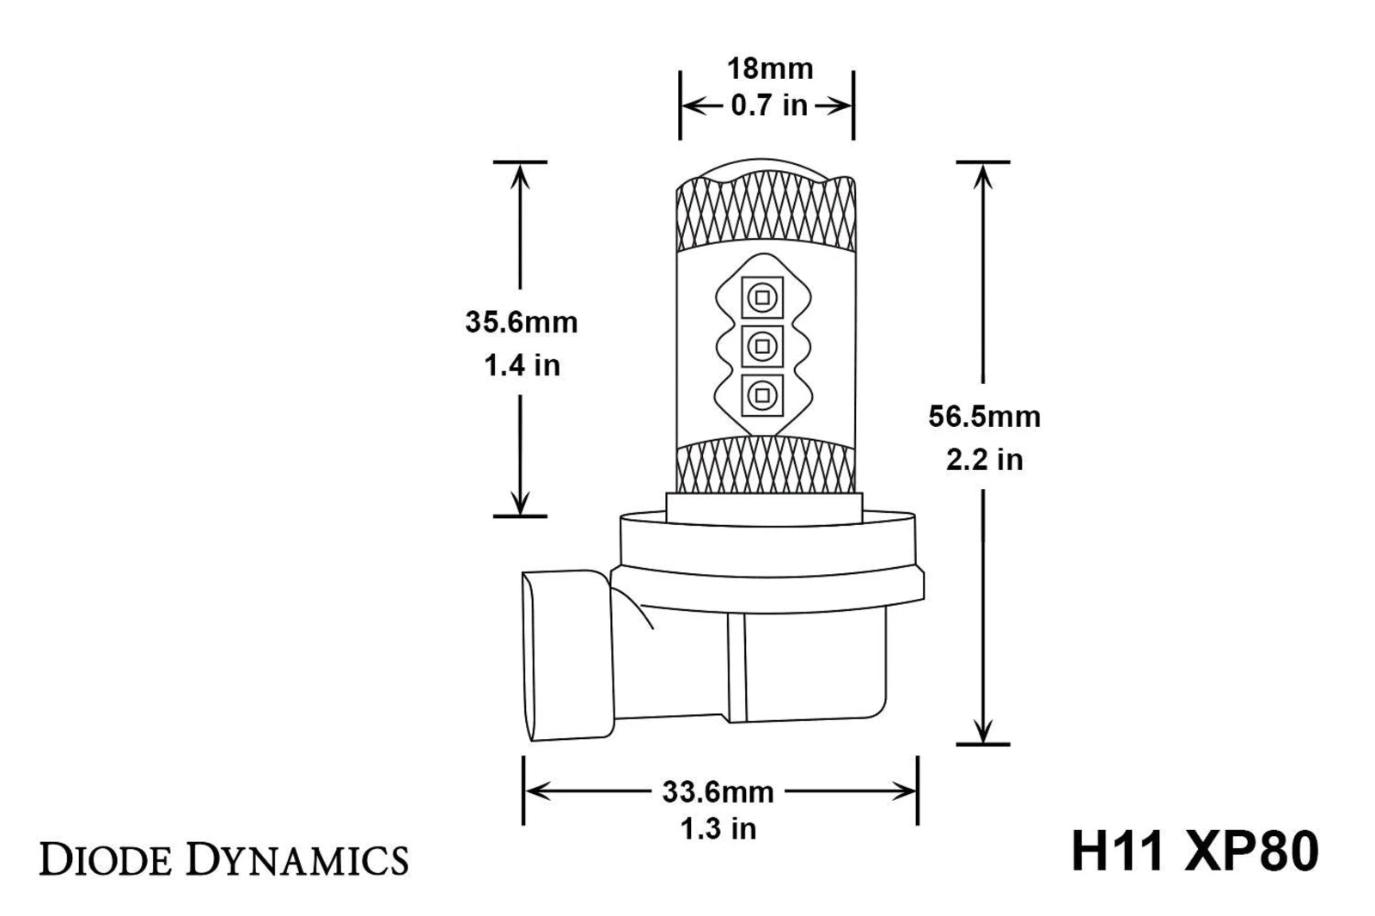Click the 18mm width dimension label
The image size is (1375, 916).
[770, 69]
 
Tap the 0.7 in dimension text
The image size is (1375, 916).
[769, 106]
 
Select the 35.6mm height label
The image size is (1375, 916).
[521, 322]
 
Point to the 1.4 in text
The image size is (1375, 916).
[522, 365]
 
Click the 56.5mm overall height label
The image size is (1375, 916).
[984, 417]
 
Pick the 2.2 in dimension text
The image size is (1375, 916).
[984, 459]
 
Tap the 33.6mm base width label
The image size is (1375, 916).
[718, 792]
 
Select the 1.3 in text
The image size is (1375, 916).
[718, 829]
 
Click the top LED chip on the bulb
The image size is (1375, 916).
[762, 298]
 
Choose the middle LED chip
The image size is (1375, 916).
[762, 347]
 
